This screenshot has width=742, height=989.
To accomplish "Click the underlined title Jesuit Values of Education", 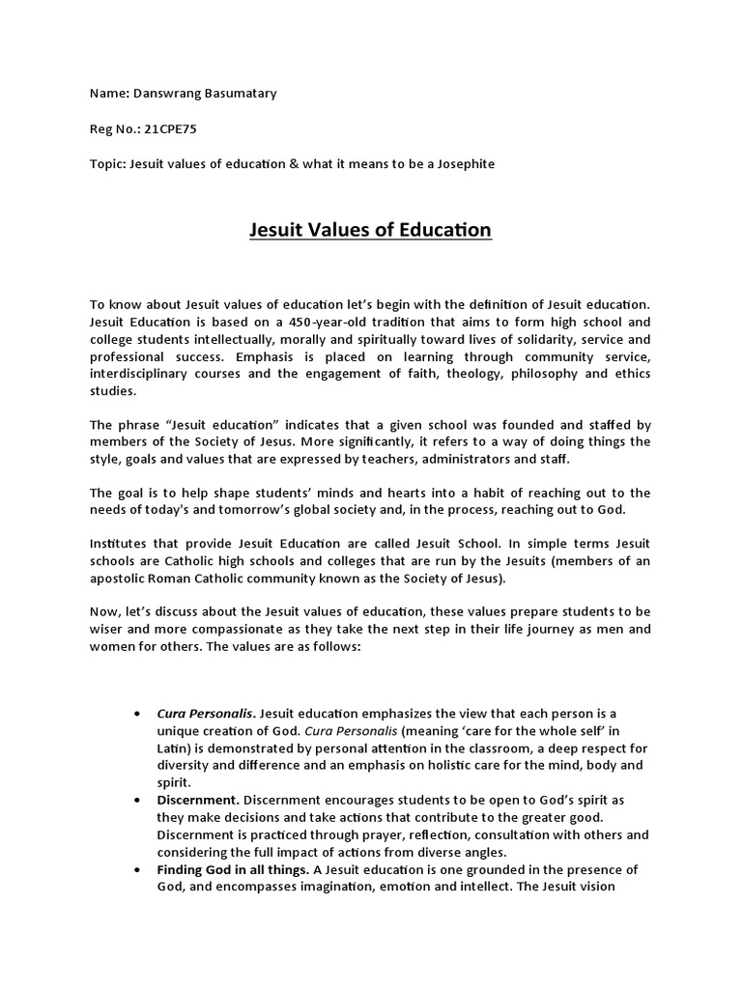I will click(x=371, y=231).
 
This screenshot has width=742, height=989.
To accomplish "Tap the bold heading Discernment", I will click(x=197, y=801).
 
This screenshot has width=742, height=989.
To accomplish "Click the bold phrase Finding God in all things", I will click(x=233, y=870).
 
